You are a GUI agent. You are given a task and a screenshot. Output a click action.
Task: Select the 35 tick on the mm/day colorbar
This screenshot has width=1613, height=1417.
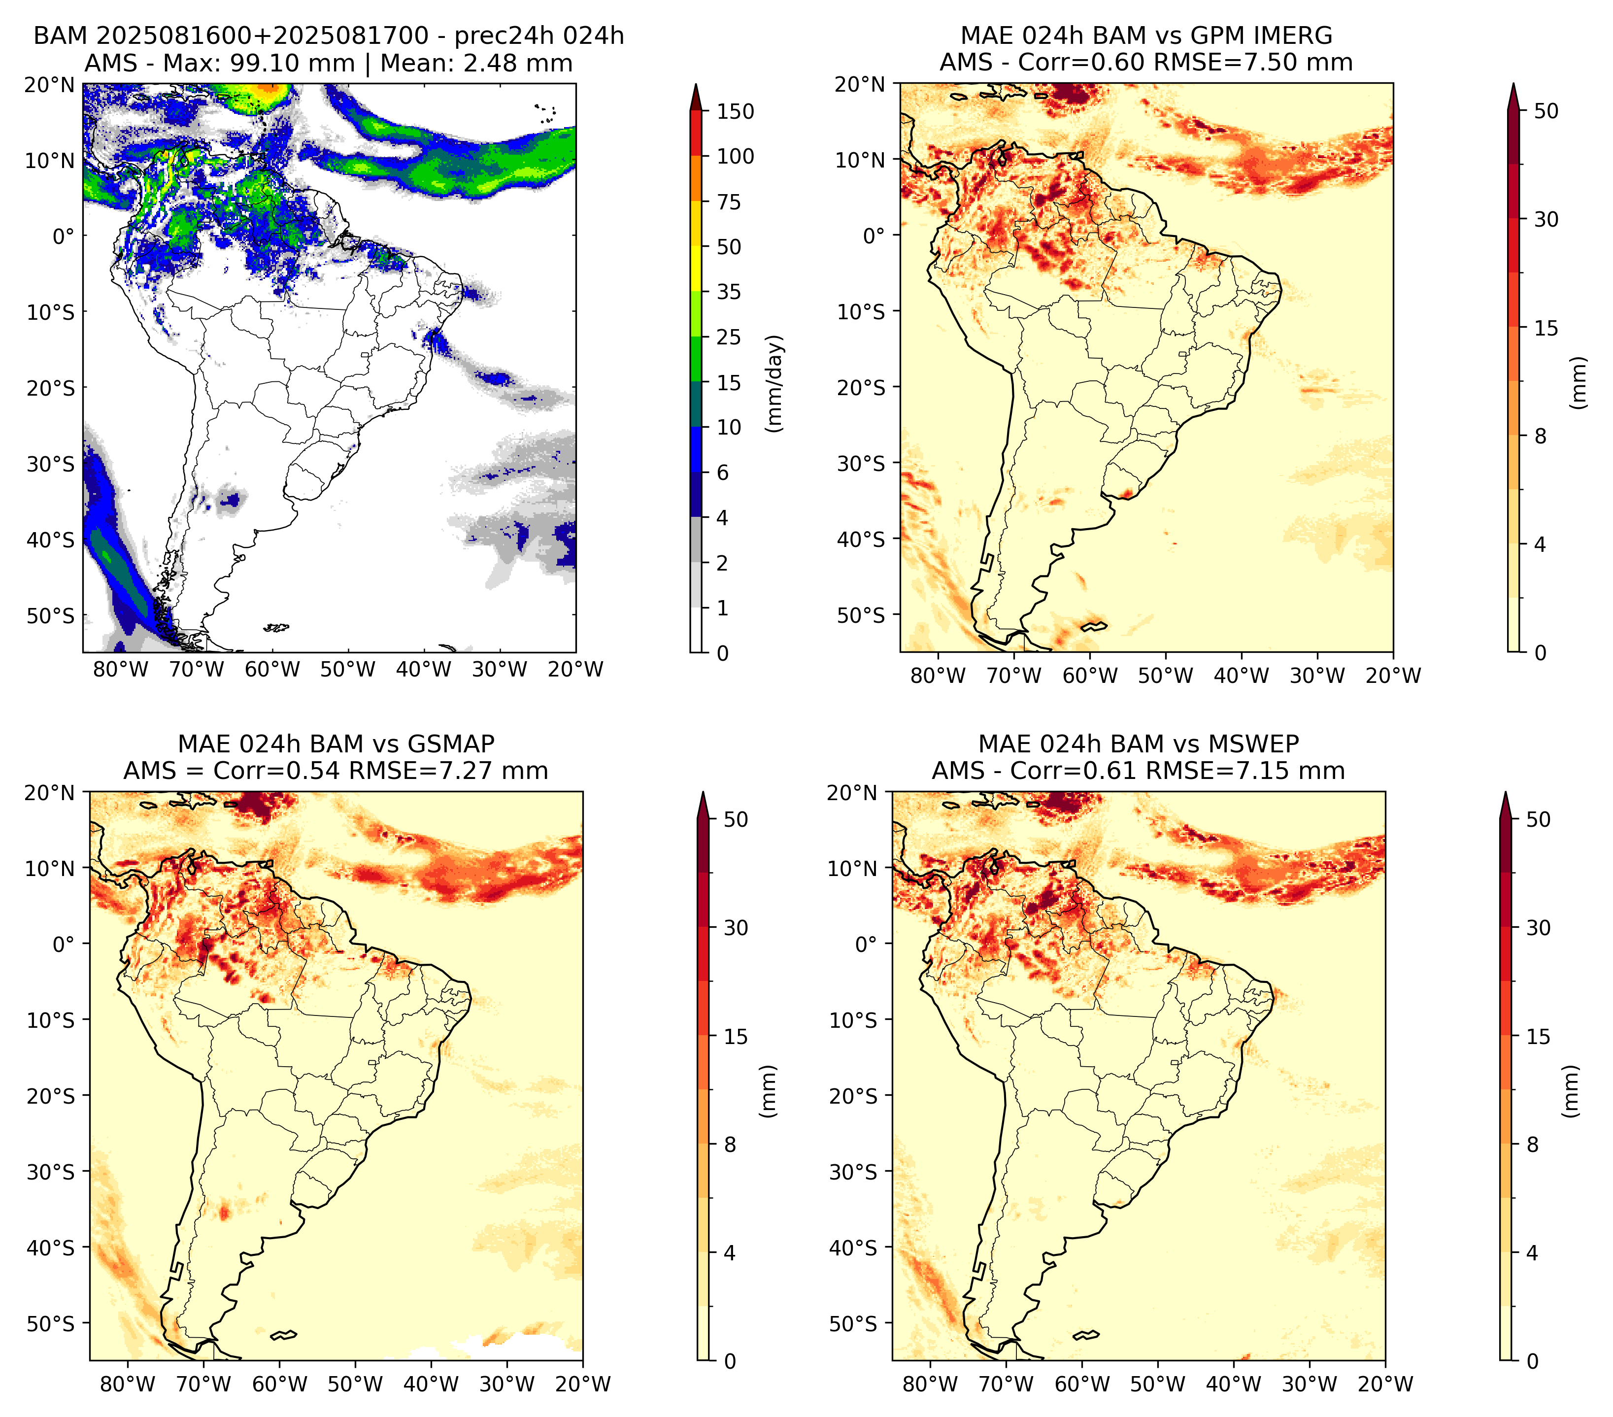pyautogui.click(x=728, y=292)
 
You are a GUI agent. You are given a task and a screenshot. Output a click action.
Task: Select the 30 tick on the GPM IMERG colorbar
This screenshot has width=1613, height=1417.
pyautogui.click(x=1546, y=219)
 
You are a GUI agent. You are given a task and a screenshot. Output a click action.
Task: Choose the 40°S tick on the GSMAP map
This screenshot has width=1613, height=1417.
pyautogui.click(x=51, y=1248)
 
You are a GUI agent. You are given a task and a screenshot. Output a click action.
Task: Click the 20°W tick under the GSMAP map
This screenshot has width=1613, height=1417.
pyautogui.click(x=583, y=1384)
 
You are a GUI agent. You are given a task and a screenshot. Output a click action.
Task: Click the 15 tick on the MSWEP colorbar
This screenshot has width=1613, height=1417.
pyautogui.click(x=1538, y=1037)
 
